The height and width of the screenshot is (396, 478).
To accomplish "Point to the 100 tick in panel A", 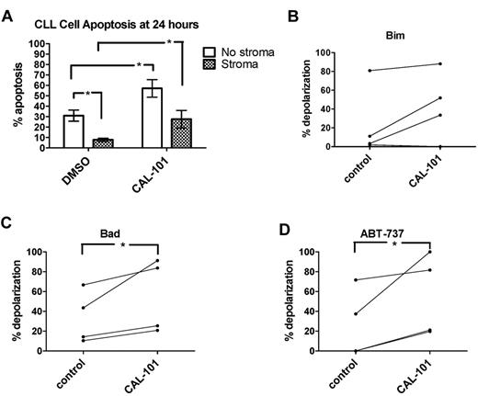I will coord(43,44).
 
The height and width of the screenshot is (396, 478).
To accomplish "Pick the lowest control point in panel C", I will coord(83,341).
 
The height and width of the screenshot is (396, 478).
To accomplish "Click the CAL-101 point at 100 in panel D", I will coord(428,252).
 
